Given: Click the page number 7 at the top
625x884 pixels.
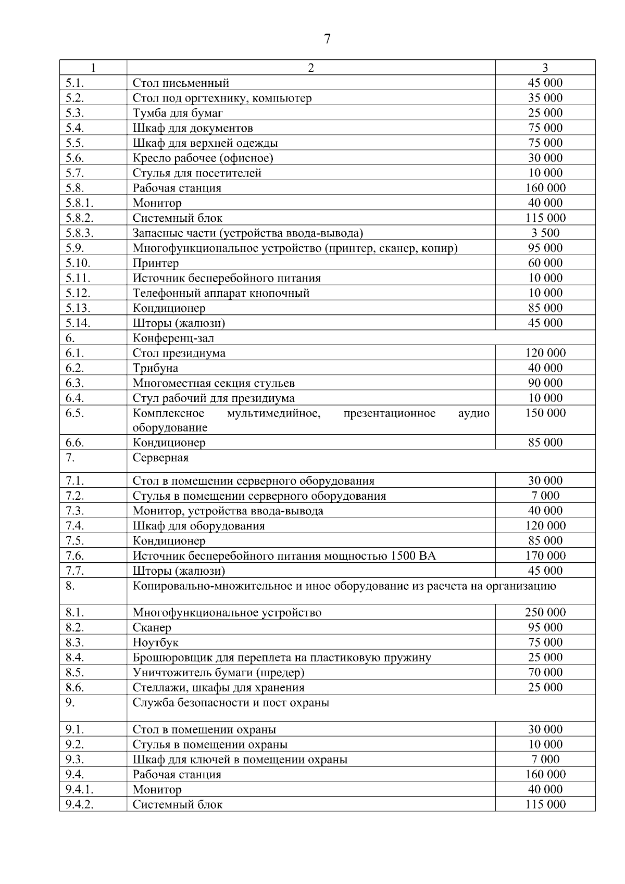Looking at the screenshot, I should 327,39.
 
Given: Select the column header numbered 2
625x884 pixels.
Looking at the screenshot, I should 311,68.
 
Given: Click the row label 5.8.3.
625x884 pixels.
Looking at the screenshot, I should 80,233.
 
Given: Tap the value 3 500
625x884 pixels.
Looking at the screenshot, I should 545,233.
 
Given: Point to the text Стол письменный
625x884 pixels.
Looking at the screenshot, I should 181,83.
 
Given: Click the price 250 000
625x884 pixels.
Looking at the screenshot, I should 545,613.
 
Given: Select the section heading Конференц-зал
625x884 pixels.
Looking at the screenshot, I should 173,338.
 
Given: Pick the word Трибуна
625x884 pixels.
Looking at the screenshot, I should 155,369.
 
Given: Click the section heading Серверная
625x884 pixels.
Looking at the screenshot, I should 160,458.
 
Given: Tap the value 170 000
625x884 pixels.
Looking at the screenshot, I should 545,556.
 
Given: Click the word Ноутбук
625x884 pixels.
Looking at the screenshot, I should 155,643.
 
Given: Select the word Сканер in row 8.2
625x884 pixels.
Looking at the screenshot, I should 152,628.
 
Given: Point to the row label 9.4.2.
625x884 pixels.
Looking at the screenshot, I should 80,805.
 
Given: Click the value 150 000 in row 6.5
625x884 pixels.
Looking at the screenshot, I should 545,413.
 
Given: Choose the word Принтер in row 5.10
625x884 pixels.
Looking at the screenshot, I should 155,263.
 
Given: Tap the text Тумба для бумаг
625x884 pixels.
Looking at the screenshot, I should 178,113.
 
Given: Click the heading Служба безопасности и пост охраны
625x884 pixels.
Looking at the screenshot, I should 231,703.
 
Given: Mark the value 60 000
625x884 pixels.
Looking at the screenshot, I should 545,263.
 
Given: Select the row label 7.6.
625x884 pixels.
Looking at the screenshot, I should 75,556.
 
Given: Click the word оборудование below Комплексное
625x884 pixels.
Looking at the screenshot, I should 170,428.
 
